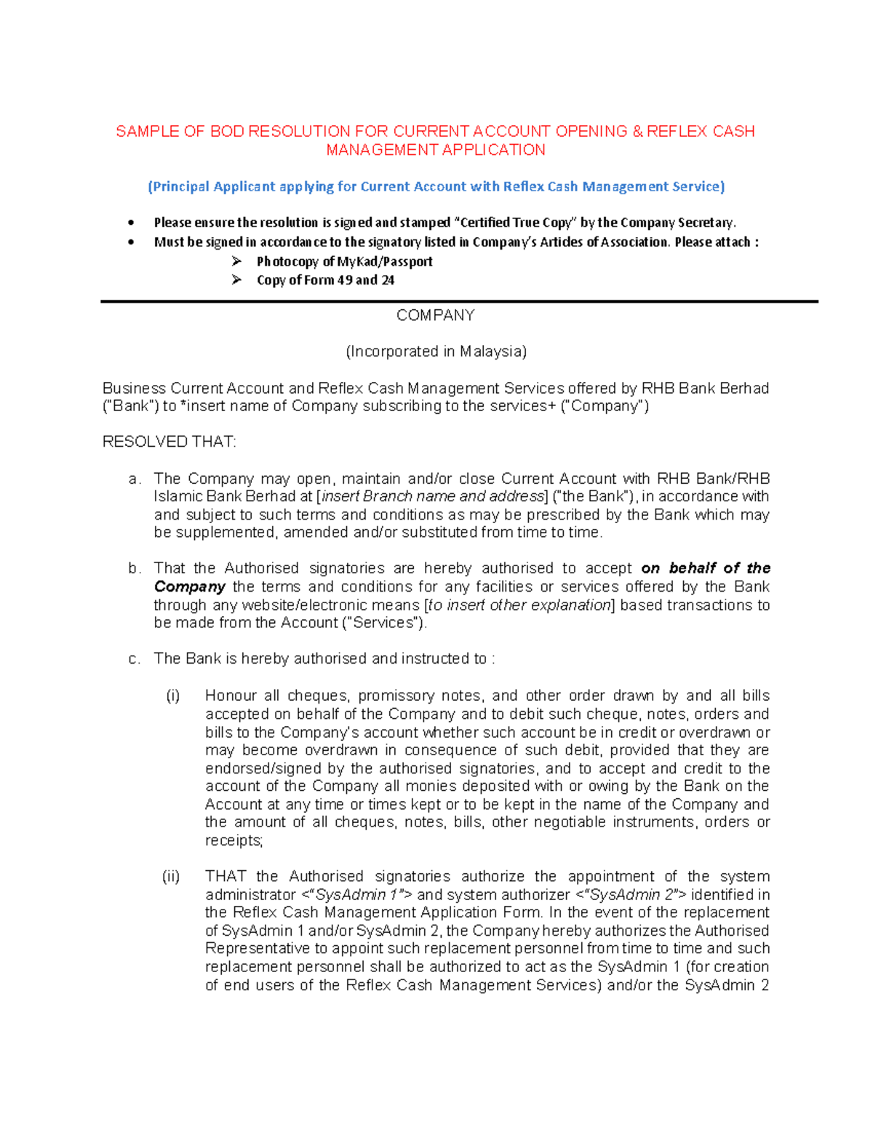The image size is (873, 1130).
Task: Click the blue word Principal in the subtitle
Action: tap(181, 187)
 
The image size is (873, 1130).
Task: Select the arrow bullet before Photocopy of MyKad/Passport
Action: tap(236, 261)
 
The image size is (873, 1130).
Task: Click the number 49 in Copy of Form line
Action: tap(345, 280)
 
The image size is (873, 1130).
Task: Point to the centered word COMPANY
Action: tap(435, 316)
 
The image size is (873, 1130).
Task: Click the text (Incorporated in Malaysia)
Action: tap(436, 352)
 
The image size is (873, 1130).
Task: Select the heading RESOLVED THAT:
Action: tap(169, 442)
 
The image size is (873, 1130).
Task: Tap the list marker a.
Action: tap(134, 480)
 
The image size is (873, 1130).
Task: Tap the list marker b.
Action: tap(134, 569)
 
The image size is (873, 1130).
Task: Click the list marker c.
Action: tap(134, 659)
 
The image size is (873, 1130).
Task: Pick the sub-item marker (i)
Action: tap(172, 696)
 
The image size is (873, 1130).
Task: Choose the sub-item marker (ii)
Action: tap(171, 877)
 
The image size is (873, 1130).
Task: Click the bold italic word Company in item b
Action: tap(189, 587)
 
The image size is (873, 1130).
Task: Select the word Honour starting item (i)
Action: tap(231, 696)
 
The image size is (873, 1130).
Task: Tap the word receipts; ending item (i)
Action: tap(234, 841)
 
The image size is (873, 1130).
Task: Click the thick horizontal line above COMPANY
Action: tap(459, 301)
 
